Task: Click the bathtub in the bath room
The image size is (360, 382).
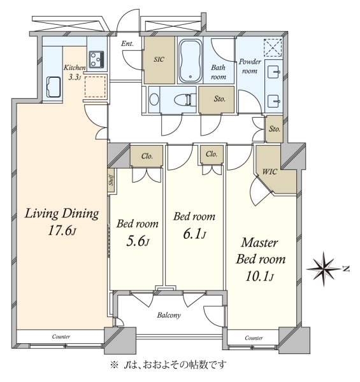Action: click(x=191, y=61)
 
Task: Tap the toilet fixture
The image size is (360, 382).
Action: click(x=185, y=100)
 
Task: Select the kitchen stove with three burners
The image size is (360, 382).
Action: click(x=96, y=59)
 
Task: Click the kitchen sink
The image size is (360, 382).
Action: click(x=54, y=87)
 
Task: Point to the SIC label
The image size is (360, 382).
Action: click(x=159, y=59)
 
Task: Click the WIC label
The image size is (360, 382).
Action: click(x=270, y=172)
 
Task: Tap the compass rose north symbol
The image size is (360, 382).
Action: click(x=324, y=269)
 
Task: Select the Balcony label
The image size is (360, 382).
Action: click(x=169, y=315)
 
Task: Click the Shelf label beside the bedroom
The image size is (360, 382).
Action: click(x=112, y=181)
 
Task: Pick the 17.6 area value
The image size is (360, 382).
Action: click(x=62, y=230)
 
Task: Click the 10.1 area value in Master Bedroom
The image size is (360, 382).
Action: click(x=260, y=276)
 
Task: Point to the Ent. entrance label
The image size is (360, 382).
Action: click(x=127, y=43)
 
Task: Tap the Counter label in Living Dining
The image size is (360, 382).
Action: click(x=61, y=337)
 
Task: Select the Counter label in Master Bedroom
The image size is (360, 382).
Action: click(x=254, y=338)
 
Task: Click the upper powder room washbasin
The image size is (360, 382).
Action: click(x=273, y=72)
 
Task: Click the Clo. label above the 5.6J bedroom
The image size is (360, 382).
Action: click(x=147, y=156)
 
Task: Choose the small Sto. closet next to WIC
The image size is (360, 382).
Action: click(x=275, y=129)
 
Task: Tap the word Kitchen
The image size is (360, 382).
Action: click(x=75, y=67)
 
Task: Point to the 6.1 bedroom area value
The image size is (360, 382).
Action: click(x=194, y=234)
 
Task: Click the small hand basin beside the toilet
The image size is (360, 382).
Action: click(x=154, y=100)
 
